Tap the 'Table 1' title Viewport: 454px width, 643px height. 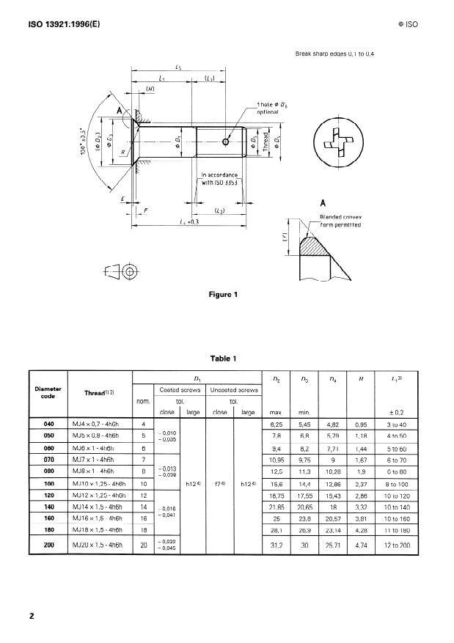tap(223, 359)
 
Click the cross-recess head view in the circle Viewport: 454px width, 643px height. tap(337, 144)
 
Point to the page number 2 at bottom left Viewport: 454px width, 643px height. tap(32, 616)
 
